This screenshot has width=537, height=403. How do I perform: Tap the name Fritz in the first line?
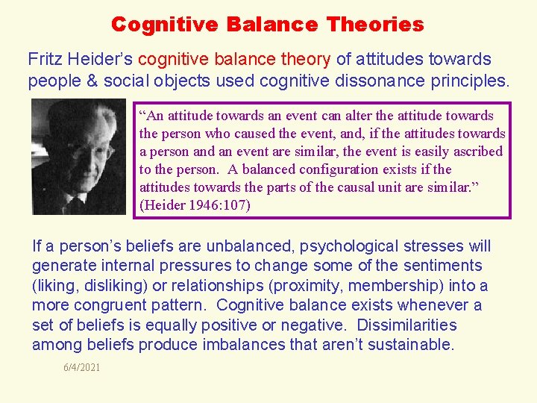[x=44, y=59]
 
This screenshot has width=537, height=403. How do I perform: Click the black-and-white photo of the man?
[x=79, y=157]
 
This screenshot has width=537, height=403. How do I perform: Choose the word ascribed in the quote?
[x=478, y=151]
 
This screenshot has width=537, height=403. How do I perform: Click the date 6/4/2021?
[x=82, y=367]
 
